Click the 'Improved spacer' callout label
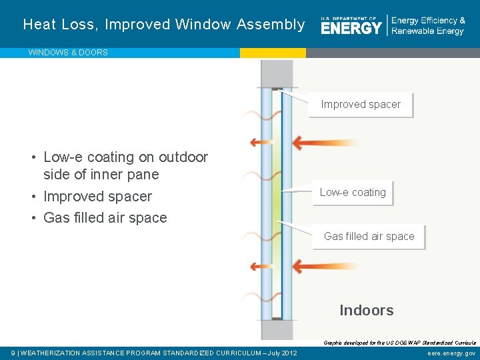click(361, 105)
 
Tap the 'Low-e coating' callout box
click(353, 193)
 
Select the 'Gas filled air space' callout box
click(369, 237)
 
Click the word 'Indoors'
click(366, 310)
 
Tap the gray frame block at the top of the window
click(272, 73)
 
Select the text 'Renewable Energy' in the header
click(427, 31)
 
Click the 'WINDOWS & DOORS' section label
click(68, 53)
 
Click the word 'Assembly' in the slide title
click(275, 25)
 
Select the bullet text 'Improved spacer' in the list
click(97, 197)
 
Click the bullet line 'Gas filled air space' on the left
click(105, 218)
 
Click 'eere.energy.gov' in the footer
click(451, 353)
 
